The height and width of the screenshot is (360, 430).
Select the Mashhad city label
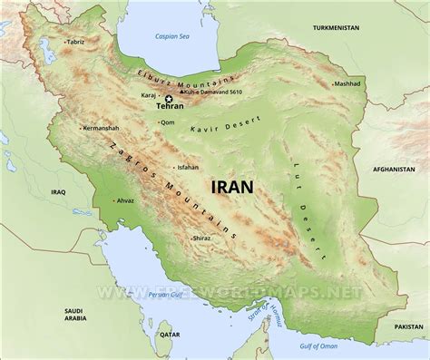tap(347, 83)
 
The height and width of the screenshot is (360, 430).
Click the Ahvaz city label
tap(127, 199)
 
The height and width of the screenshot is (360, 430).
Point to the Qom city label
tap(170, 122)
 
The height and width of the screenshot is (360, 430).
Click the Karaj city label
tap(149, 93)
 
